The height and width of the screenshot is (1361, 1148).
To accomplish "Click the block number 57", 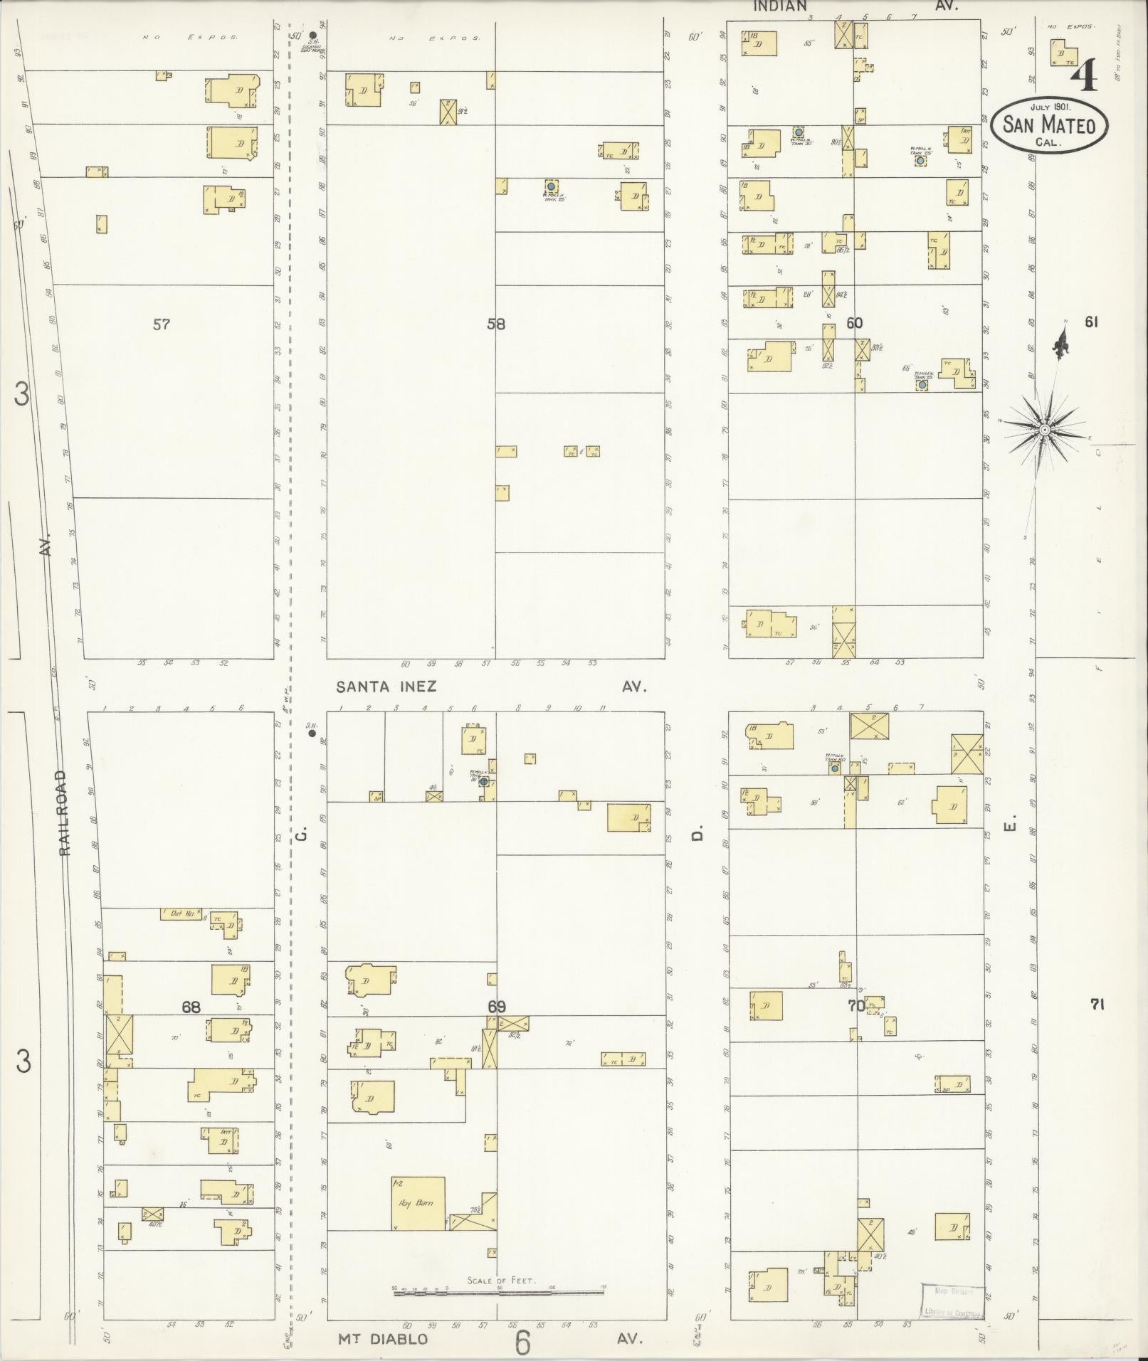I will click(162, 324).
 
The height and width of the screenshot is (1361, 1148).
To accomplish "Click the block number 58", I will click(496, 324).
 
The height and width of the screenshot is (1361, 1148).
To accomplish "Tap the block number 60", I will click(854, 323).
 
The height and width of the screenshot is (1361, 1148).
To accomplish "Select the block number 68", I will click(191, 1007).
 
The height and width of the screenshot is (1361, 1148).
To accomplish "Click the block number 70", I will click(855, 1006).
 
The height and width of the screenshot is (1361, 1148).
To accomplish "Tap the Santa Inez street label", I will click(386, 687).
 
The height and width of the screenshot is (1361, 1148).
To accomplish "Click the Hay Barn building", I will click(418, 1203).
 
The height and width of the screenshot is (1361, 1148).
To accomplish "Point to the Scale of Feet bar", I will click(498, 1290).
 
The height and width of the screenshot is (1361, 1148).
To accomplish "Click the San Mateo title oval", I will click(1048, 124).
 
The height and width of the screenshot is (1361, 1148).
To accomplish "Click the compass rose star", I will click(1044, 430).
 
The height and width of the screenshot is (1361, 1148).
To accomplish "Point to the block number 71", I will click(1096, 1005).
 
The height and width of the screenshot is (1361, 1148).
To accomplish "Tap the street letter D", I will click(698, 832).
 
